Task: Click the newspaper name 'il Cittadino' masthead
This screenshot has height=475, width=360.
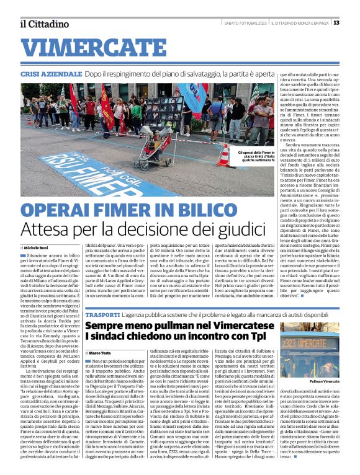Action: click(43, 24)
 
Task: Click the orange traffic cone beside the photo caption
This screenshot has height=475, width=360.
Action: click(224, 156)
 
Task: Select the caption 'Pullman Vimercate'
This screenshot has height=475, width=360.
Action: click(324, 381)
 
